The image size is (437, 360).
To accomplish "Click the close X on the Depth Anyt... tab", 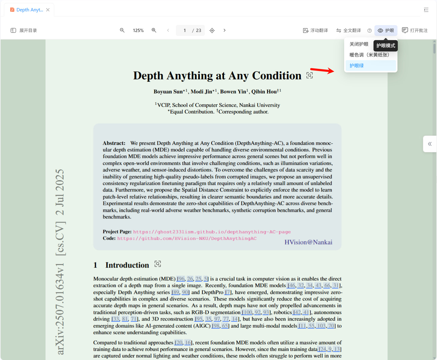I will [x=48, y=10].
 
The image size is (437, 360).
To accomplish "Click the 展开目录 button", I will [x=24, y=31].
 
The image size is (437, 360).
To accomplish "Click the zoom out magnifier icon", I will [x=122, y=30].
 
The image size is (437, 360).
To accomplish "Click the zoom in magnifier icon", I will [x=154, y=30].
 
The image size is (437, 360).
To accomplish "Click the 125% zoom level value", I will [x=138, y=31].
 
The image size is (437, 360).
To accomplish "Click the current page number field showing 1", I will [x=185, y=31].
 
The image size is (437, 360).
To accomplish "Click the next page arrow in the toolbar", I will [x=225, y=30].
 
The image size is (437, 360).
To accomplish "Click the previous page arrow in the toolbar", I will [x=168, y=30].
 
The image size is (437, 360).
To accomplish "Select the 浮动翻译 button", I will [x=315, y=31].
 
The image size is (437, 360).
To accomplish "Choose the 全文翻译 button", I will [x=348, y=31].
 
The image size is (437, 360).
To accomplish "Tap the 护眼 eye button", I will [x=386, y=31].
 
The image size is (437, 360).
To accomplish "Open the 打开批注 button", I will [x=415, y=31].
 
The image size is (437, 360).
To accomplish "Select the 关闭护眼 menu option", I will [x=359, y=44].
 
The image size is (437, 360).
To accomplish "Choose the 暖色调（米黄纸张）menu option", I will [x=369, y=55].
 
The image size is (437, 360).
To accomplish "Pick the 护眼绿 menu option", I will [x=357, y=66].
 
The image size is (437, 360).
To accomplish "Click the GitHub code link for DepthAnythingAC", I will [x=187, y=239].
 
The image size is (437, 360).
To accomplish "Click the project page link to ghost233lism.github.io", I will [x=212, y=232].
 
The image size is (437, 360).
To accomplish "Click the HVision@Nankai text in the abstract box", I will [x=308, y=242].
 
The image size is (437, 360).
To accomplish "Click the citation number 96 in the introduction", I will [x=181, y=279].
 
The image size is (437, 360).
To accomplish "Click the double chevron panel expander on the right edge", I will [x=430, y=144].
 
